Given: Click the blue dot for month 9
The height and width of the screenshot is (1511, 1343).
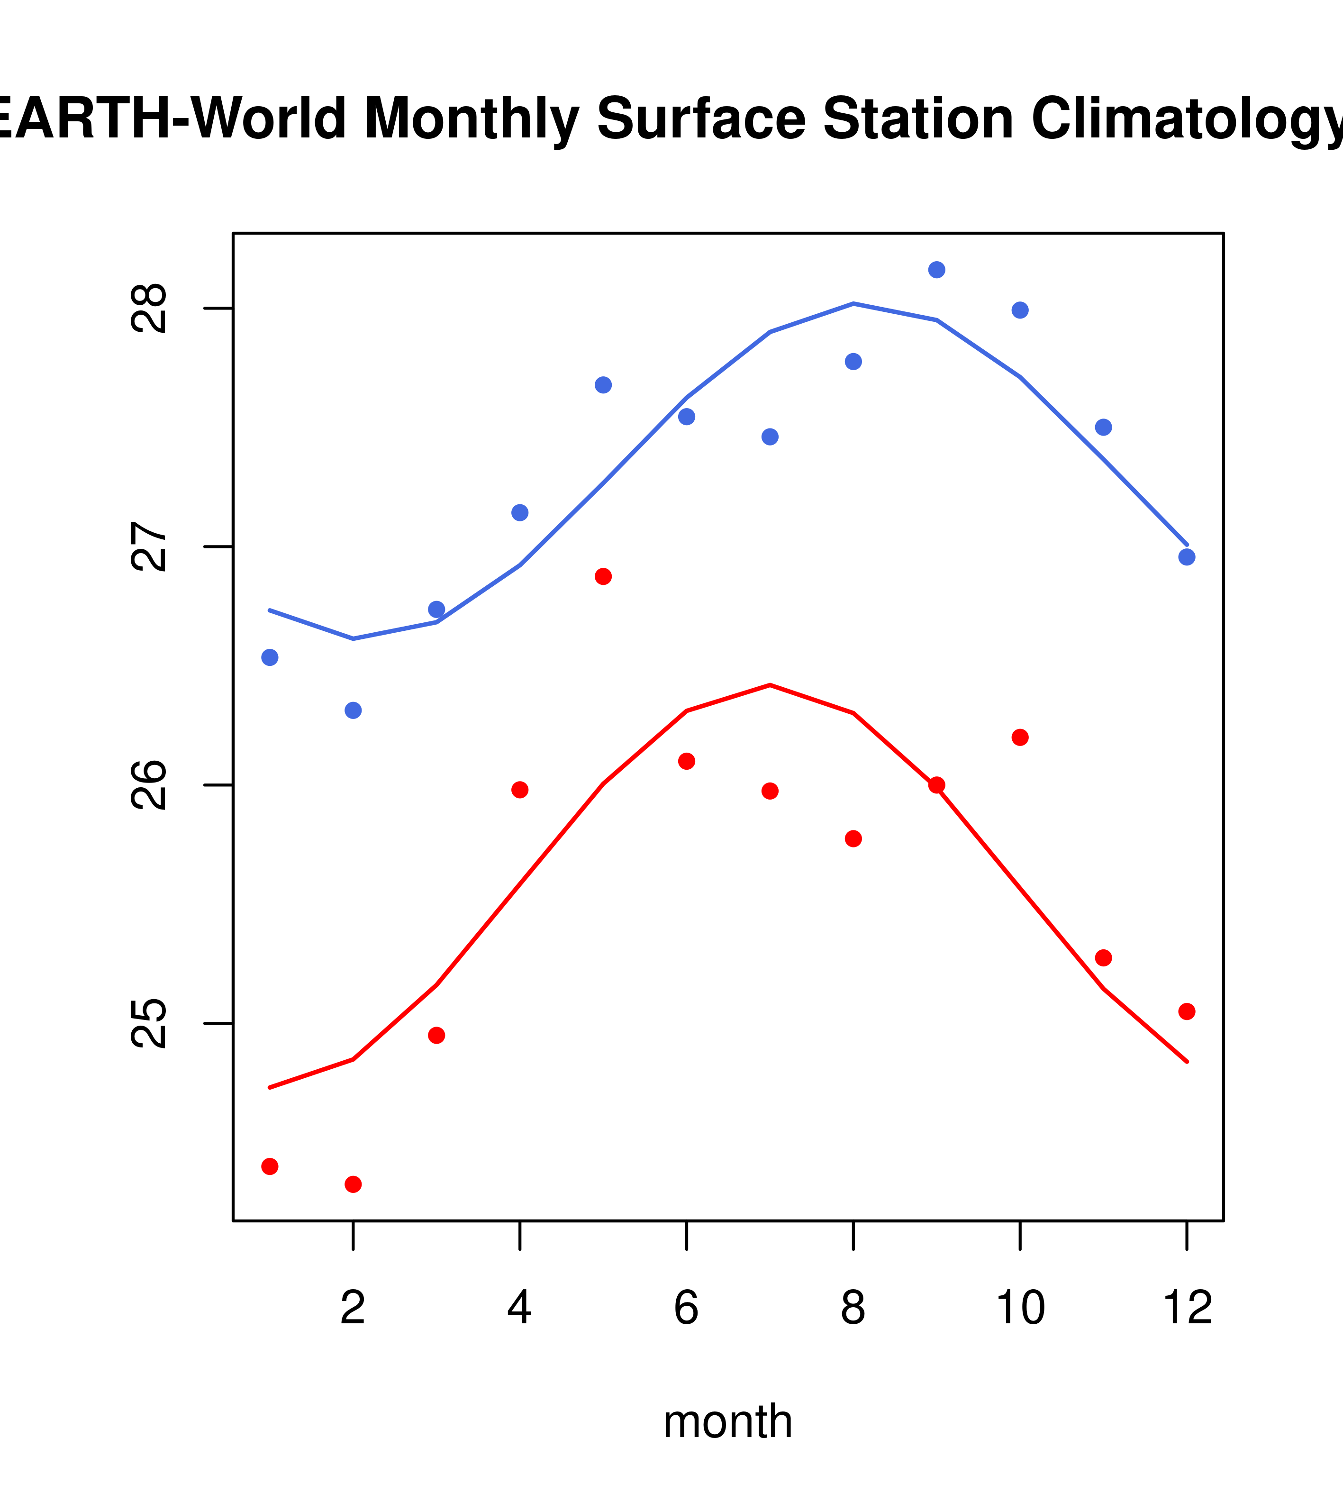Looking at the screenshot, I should click(936, 270).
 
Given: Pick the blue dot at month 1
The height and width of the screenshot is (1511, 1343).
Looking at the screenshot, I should click(270, 657).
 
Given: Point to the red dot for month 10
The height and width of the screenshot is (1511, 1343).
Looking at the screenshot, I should click(1020, 737).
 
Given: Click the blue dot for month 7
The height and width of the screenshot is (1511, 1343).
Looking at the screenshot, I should click(770, 437).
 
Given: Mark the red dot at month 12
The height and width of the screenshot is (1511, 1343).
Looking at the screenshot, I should click(1186, 1011).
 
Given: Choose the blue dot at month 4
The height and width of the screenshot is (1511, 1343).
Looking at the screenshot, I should click(519, 512).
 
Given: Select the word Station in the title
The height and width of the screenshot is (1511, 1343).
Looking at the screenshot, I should click(917, 118).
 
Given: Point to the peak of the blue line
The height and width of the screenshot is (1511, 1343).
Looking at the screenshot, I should click(853, 303).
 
